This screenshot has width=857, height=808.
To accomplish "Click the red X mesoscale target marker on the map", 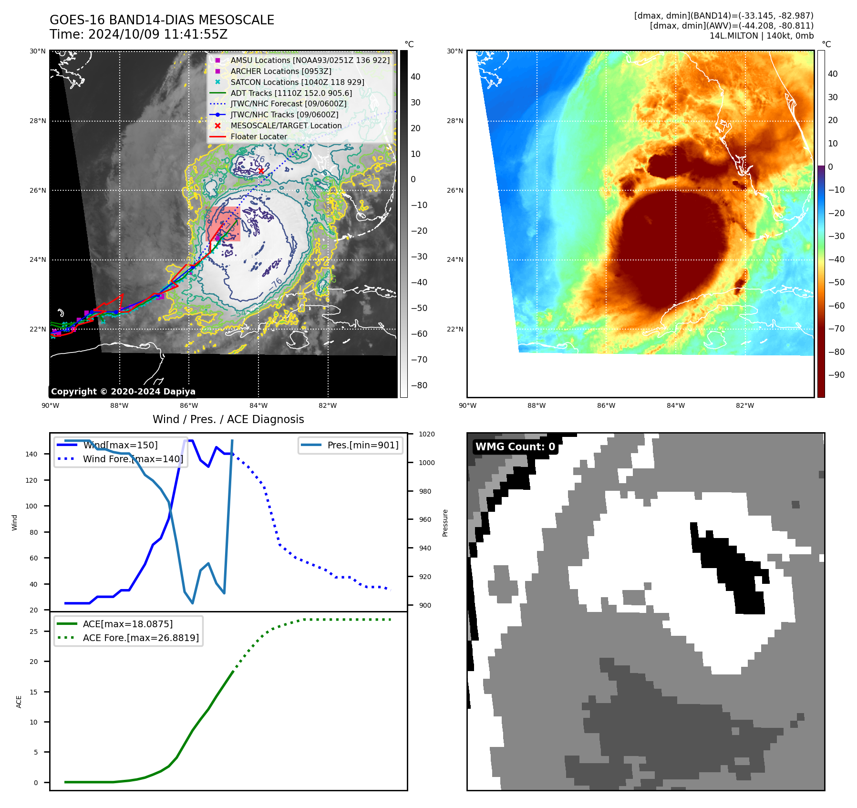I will [x=261, y=171].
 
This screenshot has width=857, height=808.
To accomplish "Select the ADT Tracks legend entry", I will [x=291, y=93].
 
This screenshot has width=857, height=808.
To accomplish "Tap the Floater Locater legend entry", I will [x=258, y=136].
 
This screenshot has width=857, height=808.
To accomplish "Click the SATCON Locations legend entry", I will [x=297, y=82].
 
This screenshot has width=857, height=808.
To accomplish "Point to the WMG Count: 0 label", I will [x=515, y=447].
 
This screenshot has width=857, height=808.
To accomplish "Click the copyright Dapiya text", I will [x=123, y=392].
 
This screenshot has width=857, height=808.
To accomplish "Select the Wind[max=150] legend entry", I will [x=120, y=445].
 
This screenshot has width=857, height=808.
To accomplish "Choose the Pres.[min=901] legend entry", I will [x=362, y=445].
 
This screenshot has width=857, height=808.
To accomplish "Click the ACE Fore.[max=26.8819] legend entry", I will [x=141, y=638].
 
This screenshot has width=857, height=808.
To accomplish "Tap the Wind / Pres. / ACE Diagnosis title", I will [x=228, y=419].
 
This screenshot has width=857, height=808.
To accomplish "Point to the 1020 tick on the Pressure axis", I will [x=426, y=434].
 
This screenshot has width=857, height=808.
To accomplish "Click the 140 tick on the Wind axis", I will [x=31, y=454].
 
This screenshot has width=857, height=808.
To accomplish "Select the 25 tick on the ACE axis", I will [x=33, y=632].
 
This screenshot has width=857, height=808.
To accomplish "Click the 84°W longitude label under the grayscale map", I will [x=258, y=405].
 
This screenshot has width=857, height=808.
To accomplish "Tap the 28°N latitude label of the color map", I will [x=454, y=121].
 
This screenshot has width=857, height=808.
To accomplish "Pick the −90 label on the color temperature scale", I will [x=836, y=375].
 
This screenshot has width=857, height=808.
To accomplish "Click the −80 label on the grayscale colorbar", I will [x=419, y=385].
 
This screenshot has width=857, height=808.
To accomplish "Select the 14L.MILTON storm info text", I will [x=761, y=36].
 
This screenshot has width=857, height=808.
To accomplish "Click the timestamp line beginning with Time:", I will [x=138, y=34].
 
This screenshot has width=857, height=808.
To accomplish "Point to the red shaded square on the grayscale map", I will [x=223, y=224].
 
